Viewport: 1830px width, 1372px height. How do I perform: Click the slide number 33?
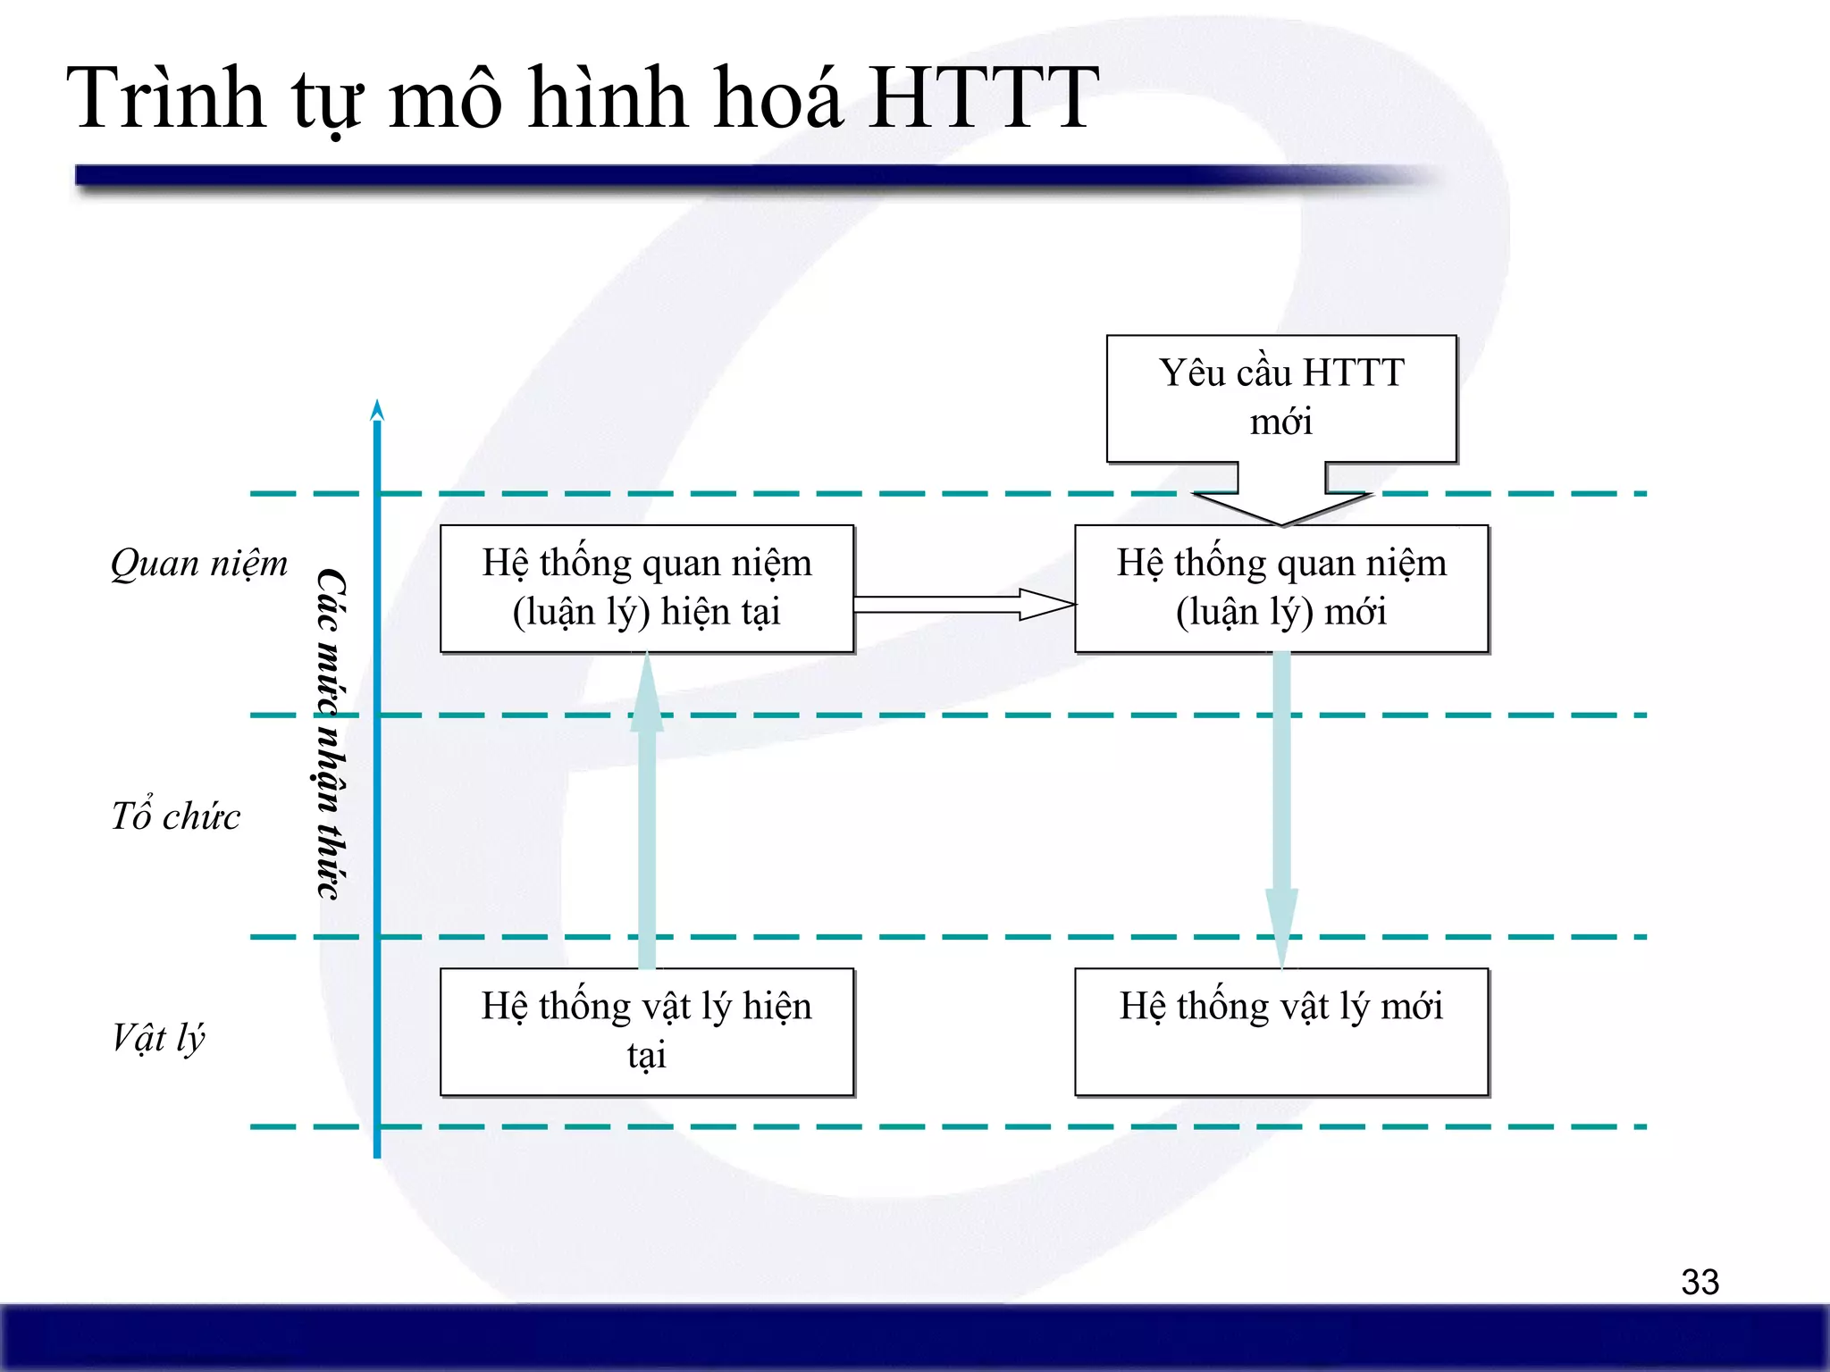click(x=1700, y=1282)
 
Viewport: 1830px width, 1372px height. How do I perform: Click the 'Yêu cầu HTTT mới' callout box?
click(x=1281, y=398)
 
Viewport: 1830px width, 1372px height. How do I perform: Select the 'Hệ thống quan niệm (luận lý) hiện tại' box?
click(x=647, y=589)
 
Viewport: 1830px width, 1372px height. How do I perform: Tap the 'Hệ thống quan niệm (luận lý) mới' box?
click(x=1281, y=589)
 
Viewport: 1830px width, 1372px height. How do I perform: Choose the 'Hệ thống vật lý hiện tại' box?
click(x=647, y=1032)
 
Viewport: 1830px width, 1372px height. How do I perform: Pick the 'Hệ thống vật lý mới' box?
click(x=1281, y=1032)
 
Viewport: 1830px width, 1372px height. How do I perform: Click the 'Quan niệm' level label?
click(x=199, y=564)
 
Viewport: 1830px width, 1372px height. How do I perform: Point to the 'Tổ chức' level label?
click(x=175, y=816)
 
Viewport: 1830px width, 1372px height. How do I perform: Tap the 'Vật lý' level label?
click(x=158, y=1038)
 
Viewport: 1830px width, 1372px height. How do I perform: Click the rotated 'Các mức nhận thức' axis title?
click(x=332, y=733)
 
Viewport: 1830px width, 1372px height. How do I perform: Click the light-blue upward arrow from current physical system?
click(x=647, y=813)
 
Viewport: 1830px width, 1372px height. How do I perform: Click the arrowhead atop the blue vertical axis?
click(x=377, y=410)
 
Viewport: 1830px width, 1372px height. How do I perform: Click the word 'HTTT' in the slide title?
click(x=983, y=98)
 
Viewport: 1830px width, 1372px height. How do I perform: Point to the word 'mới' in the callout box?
click(x=1281, y=422)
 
